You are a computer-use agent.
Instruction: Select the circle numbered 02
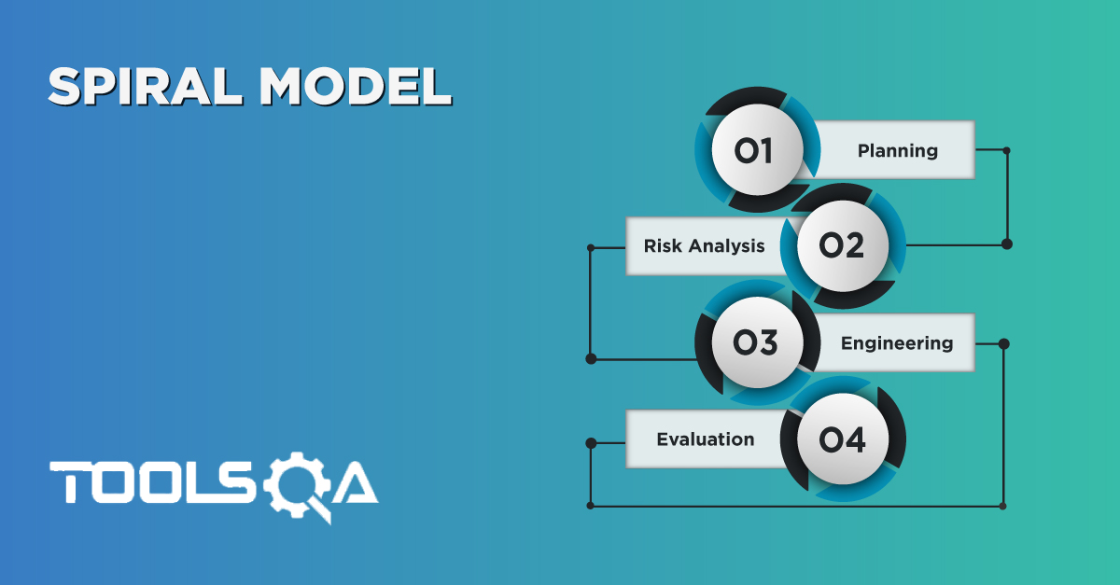pyautogui.click(x=841, y=246)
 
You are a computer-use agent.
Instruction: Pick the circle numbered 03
pyautogui.click(x=755, y=343)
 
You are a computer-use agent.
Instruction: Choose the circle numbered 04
pyautogui.click(x=841, y=439)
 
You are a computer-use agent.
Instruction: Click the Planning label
pyautogui.click(x=897, y=150)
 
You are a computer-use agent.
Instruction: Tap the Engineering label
pyautogui.click(x=896, y=343)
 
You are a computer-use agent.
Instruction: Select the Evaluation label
pyautogui.click(x=705, y=439)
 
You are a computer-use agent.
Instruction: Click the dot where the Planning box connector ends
pyautogui.click(x=1005, y=150)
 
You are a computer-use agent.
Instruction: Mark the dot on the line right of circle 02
pyautogui.click(x=1005, y=244)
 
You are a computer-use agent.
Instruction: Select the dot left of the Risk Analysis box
pyautogui.click(x=590, y=247)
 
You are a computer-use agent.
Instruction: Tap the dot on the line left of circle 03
pyautogui.click(x=590, y=358)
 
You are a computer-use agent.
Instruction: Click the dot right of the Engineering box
pyautogui.click(x=1003, y=343)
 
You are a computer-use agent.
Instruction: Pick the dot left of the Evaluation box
pyautogui.click(x=590, y=441)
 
